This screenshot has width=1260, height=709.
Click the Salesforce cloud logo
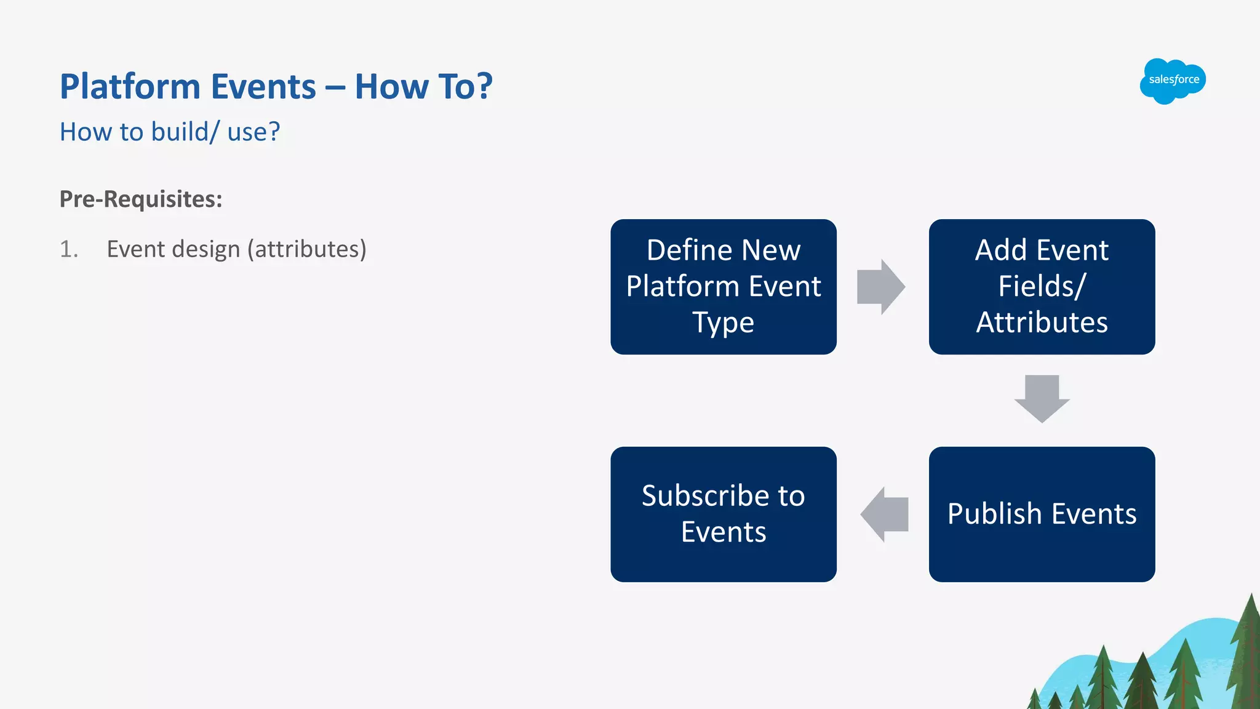pyautogui.click(x=1173, y=81)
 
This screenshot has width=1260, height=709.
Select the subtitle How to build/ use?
pyautogui.click(x=170, y=132)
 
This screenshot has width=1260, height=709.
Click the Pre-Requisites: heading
pyautogui.click(x=141, y=199)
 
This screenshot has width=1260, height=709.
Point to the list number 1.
pyautogui.click(x=68, y=249)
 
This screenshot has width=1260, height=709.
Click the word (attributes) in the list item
pyautogui.click(x=307, y=249)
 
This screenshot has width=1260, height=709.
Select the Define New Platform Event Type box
pyautogui.click(x=723, y=286)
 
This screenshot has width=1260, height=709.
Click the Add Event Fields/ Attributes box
pyautogui.click(x=1042, y=286)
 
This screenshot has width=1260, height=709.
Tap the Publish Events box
pyautogui.click(x=1042, y=514)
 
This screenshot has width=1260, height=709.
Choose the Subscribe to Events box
pyautogui.click(x=723, y=514)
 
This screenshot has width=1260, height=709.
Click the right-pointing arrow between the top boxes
pyautogui.click(x=881, y=287)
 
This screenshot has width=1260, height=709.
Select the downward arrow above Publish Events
pyautogui.click(x=1042, y=398)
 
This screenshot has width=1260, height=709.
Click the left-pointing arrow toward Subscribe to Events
pyautogui.click(x=884, y=514)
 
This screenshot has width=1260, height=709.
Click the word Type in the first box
pyautogui.click(x=723, y=322)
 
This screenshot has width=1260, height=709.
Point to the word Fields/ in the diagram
pyautogui.click(x=1042, y=286)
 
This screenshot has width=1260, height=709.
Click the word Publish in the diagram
pyautogui.click(x=994, y=514)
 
